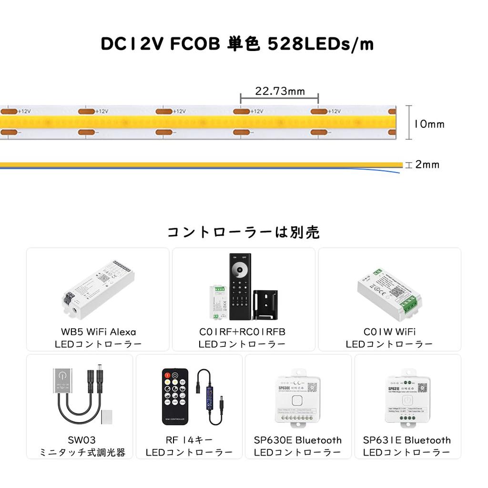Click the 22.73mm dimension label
(x=280, y=91)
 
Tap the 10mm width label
(x=429, y=124)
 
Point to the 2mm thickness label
(x=427, y=165)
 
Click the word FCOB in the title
(x=195, y=44)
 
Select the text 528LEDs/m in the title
(x=321, y=44)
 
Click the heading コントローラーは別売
(x=244, y=232)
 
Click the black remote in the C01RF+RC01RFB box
(x=240, y=286)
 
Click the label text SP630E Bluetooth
(x=298, y=440)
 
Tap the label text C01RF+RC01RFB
(x=242, y=332)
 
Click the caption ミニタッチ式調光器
(x=82, y=453)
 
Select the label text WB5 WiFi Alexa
(x=98, y=332)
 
